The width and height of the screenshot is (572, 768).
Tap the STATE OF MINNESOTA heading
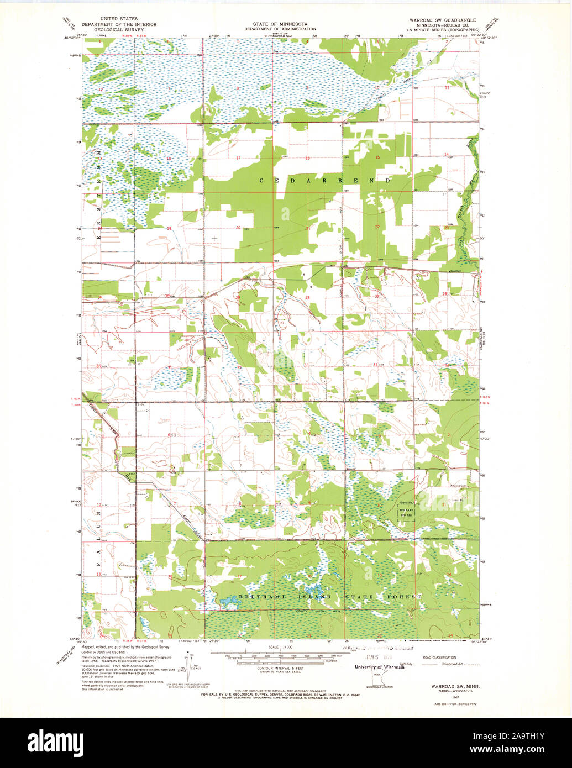(x=281, y=24)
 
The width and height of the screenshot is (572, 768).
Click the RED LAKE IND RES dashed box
(x=407, y=511)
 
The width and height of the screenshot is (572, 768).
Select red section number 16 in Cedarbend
(x=307, y=159)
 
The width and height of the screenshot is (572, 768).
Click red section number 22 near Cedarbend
(x=377, y=227)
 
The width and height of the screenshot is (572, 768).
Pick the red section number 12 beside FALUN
(x=99, y=505)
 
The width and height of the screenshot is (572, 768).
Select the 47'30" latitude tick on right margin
(x=486, y=439)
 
